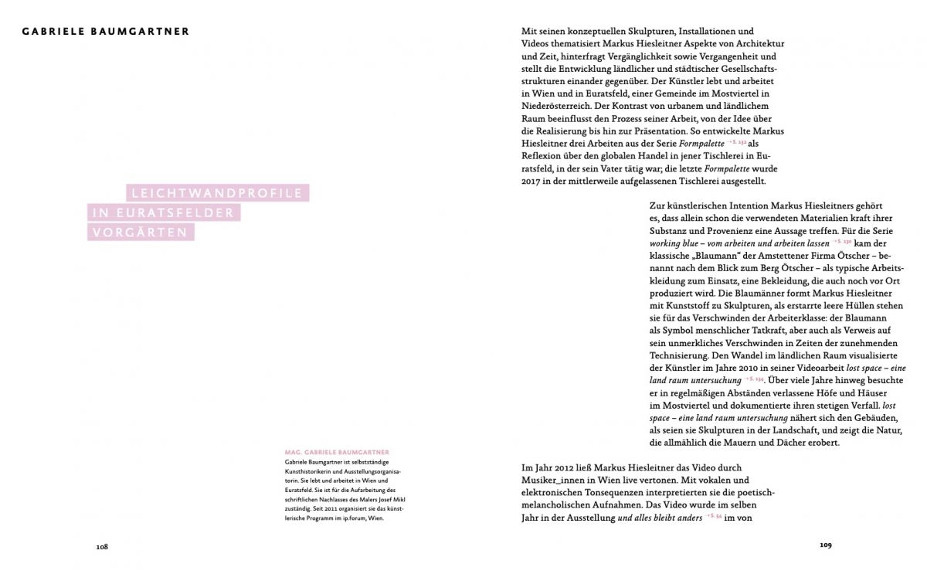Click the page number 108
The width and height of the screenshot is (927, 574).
[x=102, y=546]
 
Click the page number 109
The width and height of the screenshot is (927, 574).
[x=825, y=545]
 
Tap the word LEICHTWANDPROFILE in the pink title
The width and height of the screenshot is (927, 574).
[x=217, y=194]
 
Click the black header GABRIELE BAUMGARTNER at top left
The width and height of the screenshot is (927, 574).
[x=106, y=32]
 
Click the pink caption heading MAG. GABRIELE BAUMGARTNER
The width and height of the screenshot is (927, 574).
[x=336, y=453]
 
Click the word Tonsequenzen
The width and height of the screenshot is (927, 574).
[x=621, y=492]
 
